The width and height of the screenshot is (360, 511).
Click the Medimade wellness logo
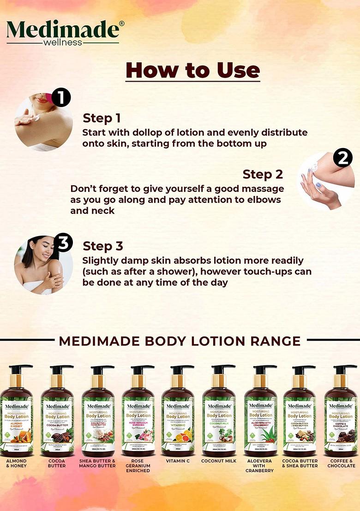63,32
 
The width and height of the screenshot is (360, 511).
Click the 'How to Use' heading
192,71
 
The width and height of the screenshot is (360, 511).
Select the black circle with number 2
342,158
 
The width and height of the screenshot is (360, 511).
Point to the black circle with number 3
63,243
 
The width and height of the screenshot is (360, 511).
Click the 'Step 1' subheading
102,118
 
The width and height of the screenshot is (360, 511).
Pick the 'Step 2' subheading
263,174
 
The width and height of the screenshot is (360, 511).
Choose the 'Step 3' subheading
102,246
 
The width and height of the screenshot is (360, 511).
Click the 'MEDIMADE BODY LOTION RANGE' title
180,341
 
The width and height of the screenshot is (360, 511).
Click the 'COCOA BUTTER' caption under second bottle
57,463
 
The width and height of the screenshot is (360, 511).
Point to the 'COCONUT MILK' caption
219,461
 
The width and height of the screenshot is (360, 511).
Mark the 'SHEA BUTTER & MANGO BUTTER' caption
97,463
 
